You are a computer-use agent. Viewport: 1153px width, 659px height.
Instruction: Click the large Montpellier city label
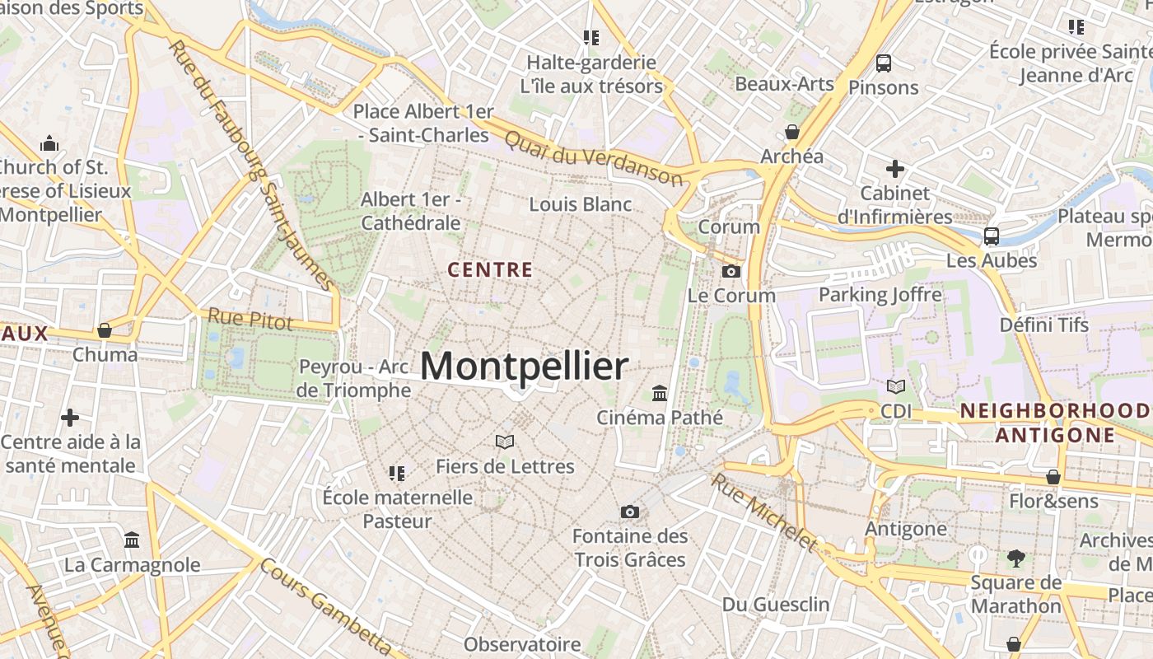coord(524,367)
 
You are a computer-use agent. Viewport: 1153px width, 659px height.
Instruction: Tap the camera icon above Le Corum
coord(731,271)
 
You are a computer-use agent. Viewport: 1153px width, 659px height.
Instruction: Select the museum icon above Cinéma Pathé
coord(659,393)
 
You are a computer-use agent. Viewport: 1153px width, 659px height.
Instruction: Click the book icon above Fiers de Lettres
coord(505,442)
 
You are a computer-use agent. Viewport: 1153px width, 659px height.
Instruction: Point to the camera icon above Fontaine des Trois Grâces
coord(630,512)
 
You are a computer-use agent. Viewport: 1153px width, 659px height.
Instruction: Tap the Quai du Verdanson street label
coord(593,157)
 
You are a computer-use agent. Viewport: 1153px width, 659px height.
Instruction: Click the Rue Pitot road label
coord(250,319)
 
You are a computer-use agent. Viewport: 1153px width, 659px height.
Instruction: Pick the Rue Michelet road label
coord(765,512)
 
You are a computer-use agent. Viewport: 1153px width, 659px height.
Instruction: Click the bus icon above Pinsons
coord(884,63)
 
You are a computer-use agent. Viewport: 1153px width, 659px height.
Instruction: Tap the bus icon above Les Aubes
coord(992,236)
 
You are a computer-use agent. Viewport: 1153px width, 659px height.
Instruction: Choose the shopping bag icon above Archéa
coord(792,132)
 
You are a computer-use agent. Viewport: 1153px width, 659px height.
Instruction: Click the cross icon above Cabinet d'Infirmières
coord(895,169)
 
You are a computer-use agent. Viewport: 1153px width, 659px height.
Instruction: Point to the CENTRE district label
coord(490,269)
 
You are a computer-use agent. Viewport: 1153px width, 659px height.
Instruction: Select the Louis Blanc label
coord(581,204)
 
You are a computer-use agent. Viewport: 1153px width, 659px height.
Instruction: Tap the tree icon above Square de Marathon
coord(1016,559)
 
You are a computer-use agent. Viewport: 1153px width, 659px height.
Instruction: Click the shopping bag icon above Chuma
coord(105,330)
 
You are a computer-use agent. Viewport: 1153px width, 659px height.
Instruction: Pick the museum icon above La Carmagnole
coord(132,540)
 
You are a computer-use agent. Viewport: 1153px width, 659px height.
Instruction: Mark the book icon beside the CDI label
coord(895,386)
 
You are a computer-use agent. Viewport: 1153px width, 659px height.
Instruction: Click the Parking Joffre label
coord(880,294)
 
